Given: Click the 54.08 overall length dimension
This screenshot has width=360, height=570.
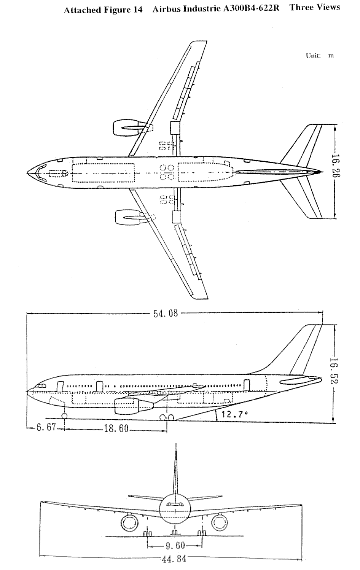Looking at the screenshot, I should [x=166, y=314].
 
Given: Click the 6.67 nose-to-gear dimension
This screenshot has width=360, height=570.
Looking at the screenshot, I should [x=46, y=428].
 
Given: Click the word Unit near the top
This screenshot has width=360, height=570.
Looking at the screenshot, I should [x=313, y=56].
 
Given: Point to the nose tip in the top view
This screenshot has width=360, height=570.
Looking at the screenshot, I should [x=28, y=173].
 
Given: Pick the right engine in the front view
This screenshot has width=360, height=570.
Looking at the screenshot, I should [x=219, y=523].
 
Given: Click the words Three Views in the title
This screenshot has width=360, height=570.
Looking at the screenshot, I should [x=315, y=8].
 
